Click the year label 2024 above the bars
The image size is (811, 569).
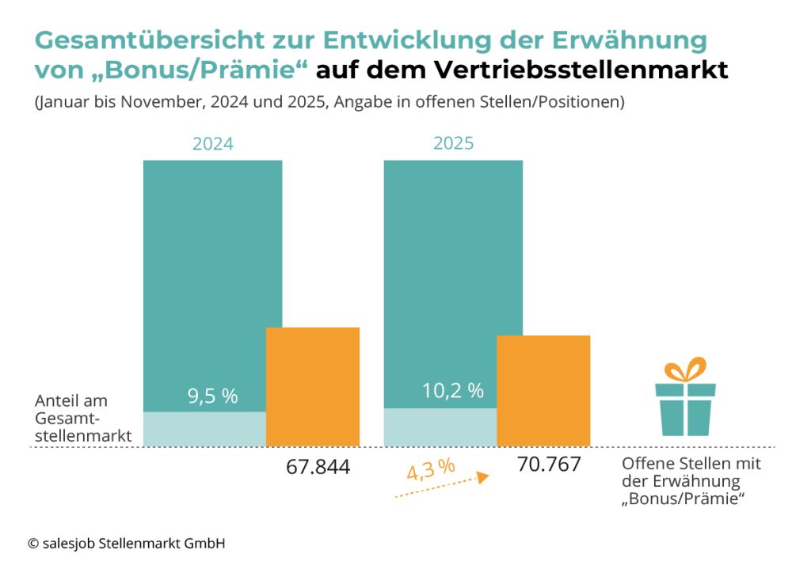212,144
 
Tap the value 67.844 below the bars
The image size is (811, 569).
318,468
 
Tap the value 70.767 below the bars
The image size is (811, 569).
549,465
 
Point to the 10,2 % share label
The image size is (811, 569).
452,390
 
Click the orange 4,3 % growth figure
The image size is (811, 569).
431,469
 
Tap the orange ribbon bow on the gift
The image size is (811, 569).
685,370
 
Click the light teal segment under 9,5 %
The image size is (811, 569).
204,429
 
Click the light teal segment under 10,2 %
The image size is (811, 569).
440,427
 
